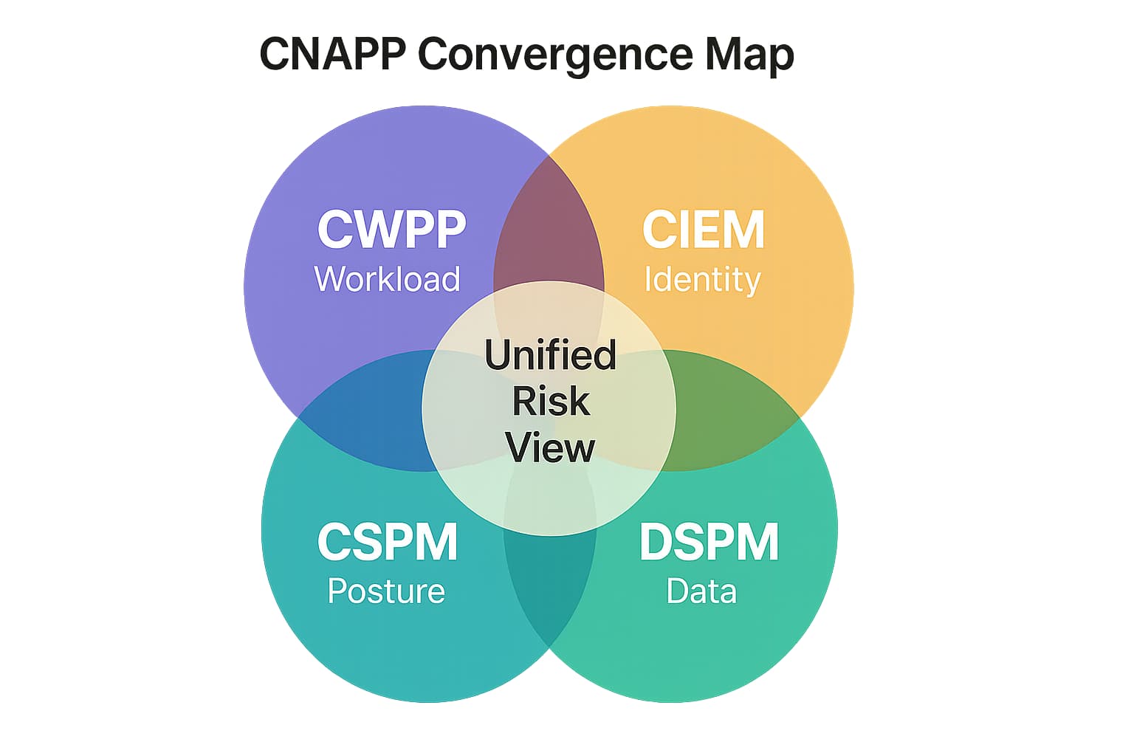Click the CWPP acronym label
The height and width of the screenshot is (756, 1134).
click(x=391, y=229)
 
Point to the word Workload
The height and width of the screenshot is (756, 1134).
click(x=387, y=279)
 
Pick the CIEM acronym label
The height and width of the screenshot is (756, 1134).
click(x=703, y=229)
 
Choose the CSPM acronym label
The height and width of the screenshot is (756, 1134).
click(x=387, y=542)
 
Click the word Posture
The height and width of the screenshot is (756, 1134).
click(x=385, y=591)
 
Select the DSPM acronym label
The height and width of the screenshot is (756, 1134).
click(x=708, y=542)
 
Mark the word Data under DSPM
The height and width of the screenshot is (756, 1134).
click(x=701, y=591)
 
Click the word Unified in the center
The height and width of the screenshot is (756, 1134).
click(x=550, y=354)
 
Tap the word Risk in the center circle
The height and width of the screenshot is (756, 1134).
click(x=551, y=402)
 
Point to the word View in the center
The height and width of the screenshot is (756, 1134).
click(x=550, y=448)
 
